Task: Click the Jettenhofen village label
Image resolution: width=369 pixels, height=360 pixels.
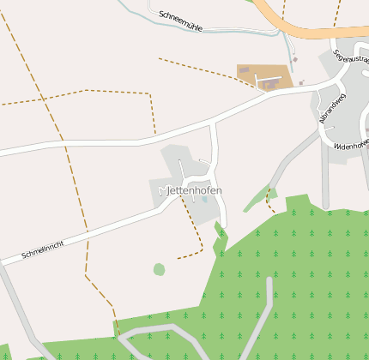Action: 194,189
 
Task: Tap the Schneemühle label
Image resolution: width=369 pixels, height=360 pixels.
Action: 180,21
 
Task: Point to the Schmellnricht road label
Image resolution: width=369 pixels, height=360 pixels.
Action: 43,249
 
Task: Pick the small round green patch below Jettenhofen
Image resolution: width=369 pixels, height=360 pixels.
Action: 159,269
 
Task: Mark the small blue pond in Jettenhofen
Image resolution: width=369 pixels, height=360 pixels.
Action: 204,199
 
